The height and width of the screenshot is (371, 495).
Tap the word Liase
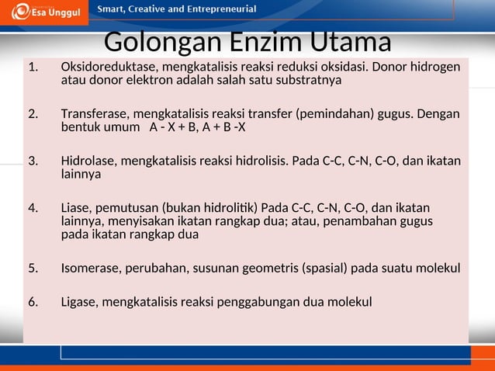[76, 208]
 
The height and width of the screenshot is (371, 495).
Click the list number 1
[33, 67]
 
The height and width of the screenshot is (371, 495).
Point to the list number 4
[33, 208]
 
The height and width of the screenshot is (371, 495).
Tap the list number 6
[33, 301]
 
